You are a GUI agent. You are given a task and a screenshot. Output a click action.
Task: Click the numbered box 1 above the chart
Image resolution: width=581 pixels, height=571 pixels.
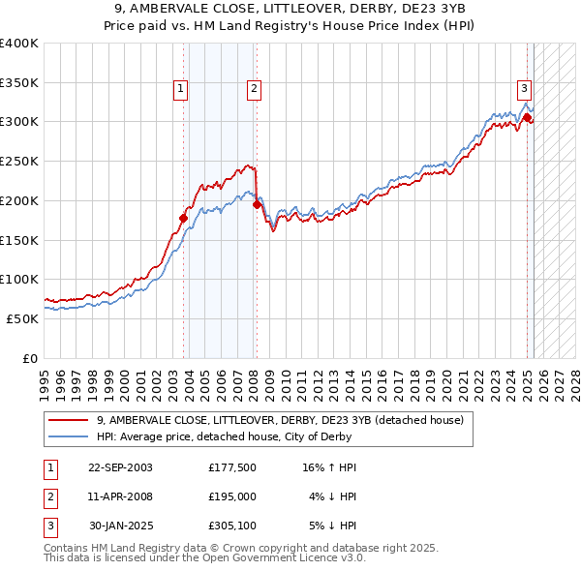click(181, 89)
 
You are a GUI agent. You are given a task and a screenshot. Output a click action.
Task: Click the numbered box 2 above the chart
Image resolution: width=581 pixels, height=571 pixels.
click(254, 89)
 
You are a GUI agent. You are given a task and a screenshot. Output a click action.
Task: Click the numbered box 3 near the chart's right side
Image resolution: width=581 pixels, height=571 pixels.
click(524, 87)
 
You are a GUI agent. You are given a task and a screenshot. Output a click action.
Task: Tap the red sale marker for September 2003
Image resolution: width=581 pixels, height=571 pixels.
click(184, 218)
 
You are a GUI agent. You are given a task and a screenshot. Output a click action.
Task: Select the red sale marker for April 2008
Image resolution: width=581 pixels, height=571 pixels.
click(257, 204)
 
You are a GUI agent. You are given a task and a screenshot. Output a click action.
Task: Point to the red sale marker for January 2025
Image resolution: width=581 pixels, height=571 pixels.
click(528, 118)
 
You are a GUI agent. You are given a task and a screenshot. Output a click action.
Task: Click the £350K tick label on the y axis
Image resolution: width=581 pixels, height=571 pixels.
click(19, 82)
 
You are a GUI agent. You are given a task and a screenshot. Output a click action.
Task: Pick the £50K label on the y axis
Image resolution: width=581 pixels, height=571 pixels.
click(23, 318)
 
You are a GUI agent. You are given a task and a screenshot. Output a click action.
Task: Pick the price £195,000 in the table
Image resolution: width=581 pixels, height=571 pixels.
click(232, 496)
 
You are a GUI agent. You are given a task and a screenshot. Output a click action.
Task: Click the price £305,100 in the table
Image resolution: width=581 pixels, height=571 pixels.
click(232, 526)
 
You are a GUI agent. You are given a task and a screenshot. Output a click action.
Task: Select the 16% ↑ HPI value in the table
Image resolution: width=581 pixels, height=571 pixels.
click(329, 467)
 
